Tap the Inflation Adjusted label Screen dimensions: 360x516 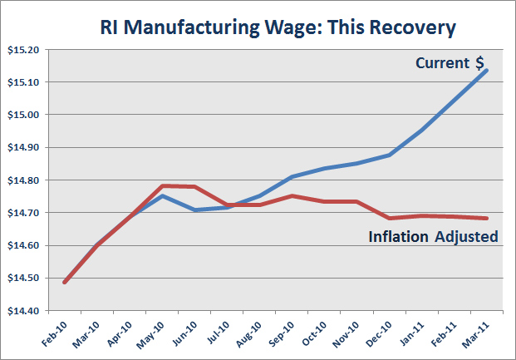[433, 237]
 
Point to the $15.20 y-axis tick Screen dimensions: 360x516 [23, 50]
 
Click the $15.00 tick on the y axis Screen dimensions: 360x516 [23, 115]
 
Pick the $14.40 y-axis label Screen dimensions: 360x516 [23, 311]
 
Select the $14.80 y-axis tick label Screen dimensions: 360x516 [23, 180]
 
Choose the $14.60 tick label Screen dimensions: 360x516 [23, 246]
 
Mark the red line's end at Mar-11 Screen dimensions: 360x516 [487, 219]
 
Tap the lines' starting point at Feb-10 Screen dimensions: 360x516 [65, 283]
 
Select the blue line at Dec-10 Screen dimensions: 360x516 [390, 155]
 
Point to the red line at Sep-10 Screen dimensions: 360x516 [292, 196]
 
